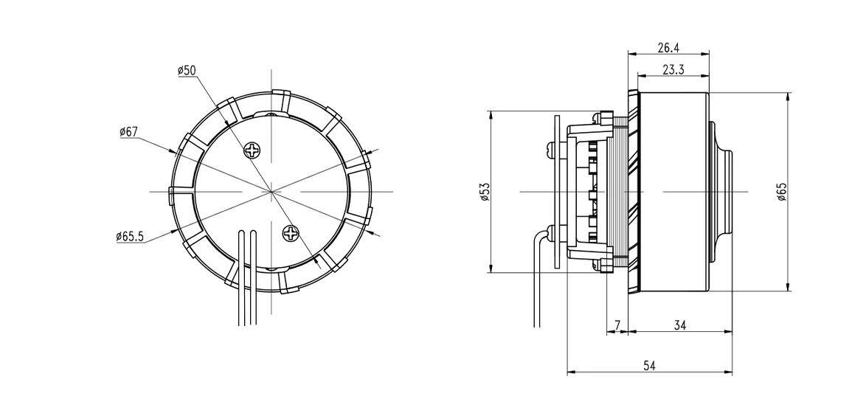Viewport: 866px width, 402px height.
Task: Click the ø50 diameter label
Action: pos(187,70)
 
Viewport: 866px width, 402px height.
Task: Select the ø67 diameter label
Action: pos(128,131)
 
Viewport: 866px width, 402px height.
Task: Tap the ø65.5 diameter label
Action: pos(129,237)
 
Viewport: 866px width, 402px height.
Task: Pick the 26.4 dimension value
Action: pos(668,48)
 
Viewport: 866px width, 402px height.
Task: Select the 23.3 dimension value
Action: pos(672,70)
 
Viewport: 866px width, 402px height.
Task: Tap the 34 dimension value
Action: pos(679,325)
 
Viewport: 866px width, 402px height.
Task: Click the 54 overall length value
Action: pos(649,365)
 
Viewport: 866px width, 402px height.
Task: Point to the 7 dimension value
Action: pos(617,325)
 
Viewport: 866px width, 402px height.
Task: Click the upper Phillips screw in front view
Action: pos(253,150)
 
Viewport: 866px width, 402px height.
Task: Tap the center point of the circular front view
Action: pos(272,192)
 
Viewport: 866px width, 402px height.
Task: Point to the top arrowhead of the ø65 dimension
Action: pos(789,97)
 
